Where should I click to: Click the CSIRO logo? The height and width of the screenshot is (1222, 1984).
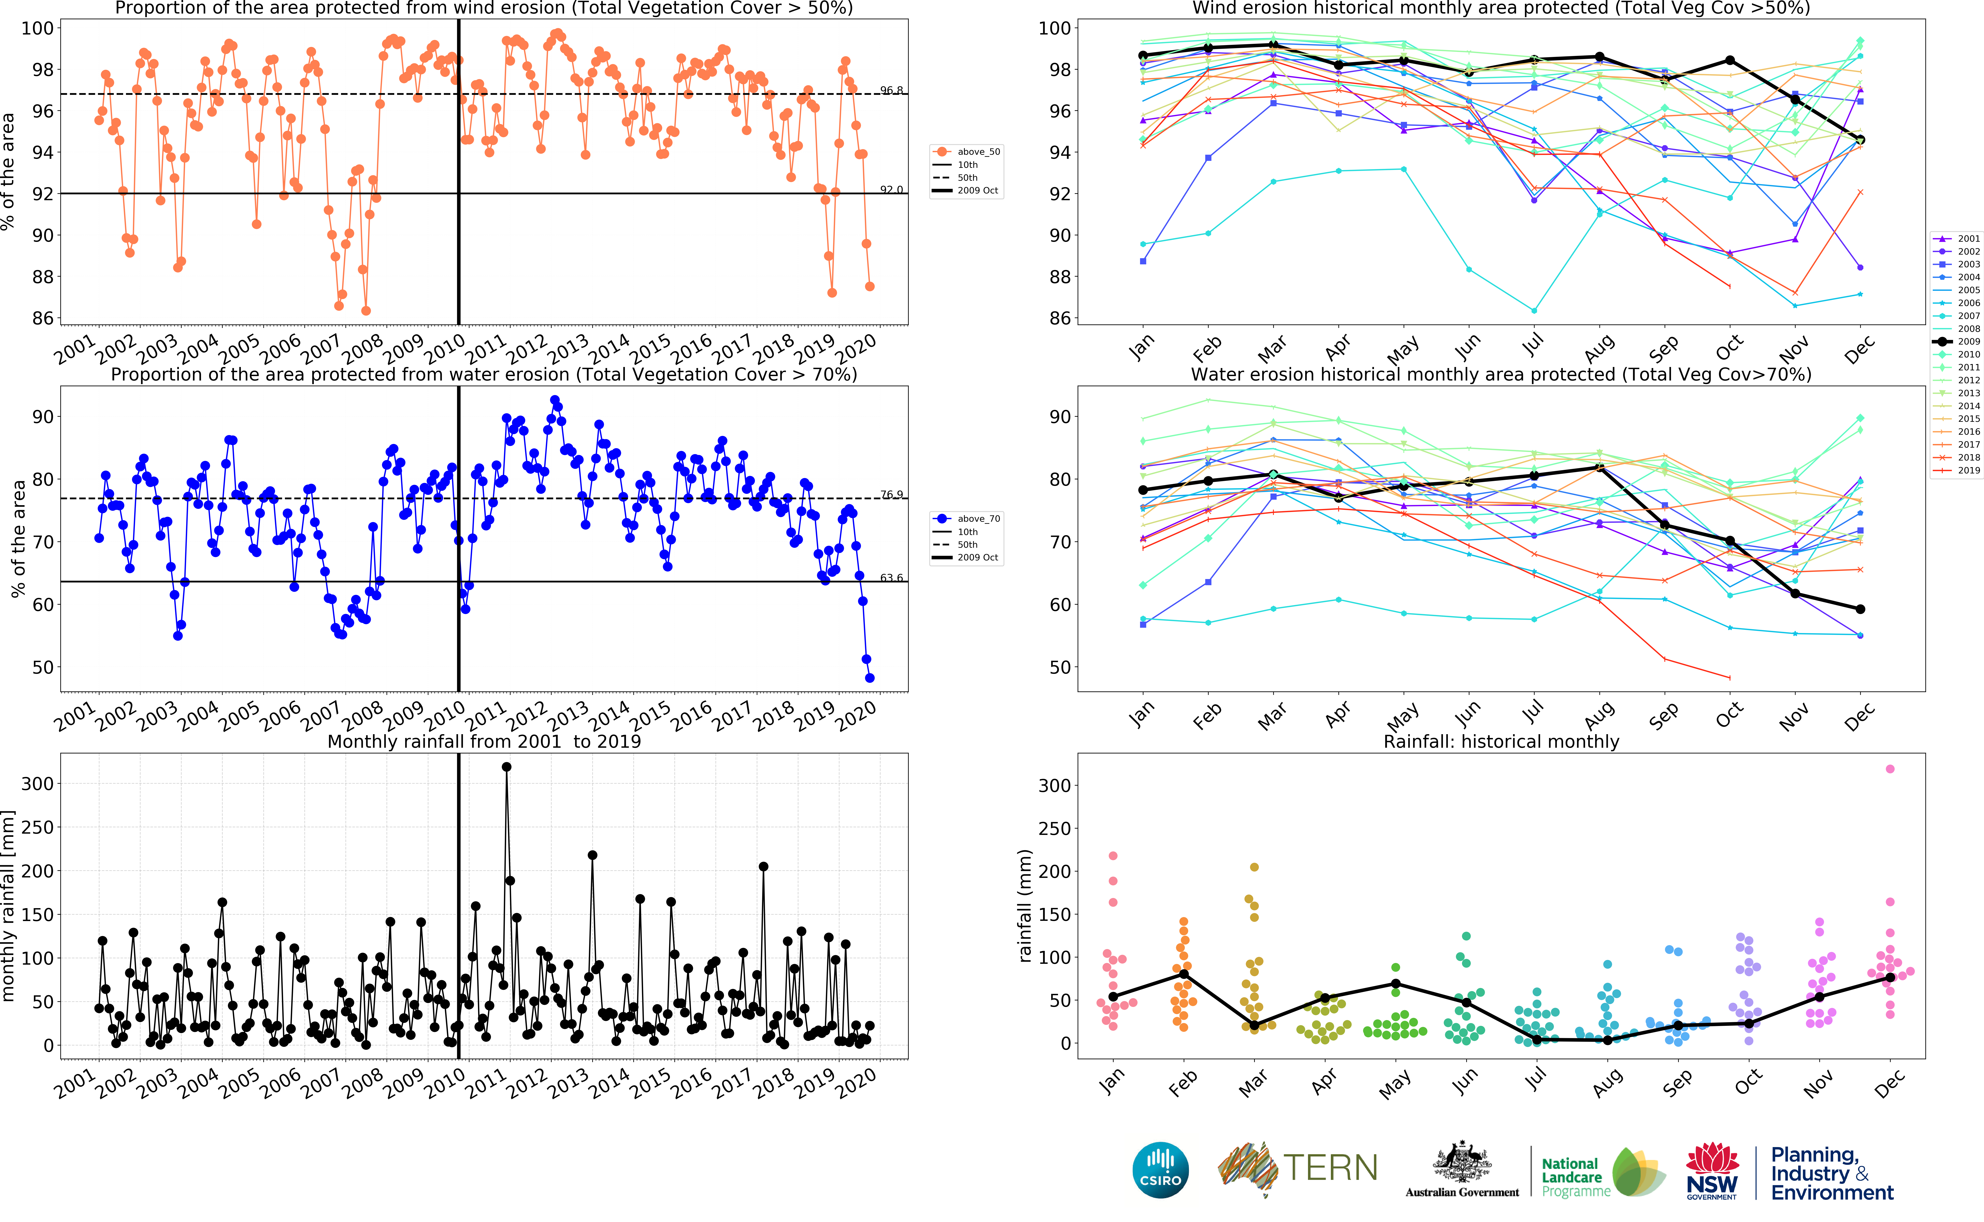1161,1170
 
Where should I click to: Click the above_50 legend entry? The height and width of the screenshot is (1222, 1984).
978,152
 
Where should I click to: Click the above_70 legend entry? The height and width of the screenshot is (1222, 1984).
978,519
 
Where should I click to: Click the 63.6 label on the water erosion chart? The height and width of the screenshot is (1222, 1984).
891,578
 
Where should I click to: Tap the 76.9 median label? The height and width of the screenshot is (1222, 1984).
891,495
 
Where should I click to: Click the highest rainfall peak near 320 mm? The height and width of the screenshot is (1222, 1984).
507,767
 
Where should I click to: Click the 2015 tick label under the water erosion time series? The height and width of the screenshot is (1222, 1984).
649,715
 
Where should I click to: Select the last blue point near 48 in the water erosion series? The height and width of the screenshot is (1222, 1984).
870,678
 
